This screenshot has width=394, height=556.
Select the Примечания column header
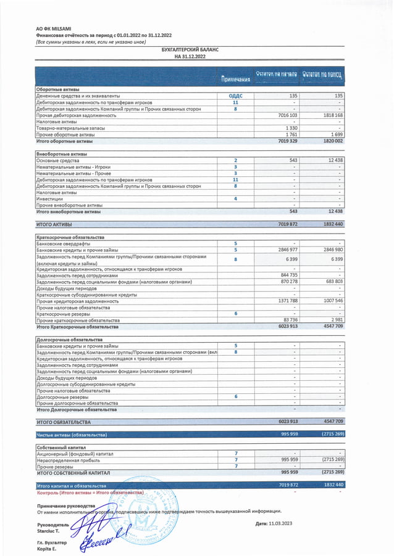pyautogui.click(x=235, y=80)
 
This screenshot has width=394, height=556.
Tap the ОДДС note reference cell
pyautogui.click(x=235, y=96)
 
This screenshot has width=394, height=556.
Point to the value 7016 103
pyautogui.click(x=288, y=115)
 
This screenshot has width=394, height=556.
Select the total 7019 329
pyautogui.click(x=288, y=141)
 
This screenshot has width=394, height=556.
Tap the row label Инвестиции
pyautogui.click(x=49, y=198)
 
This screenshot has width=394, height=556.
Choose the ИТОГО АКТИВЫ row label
pyautogui.click(x=54, y=224)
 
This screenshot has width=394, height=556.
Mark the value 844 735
pyautogui.click(x=289, y=275)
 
